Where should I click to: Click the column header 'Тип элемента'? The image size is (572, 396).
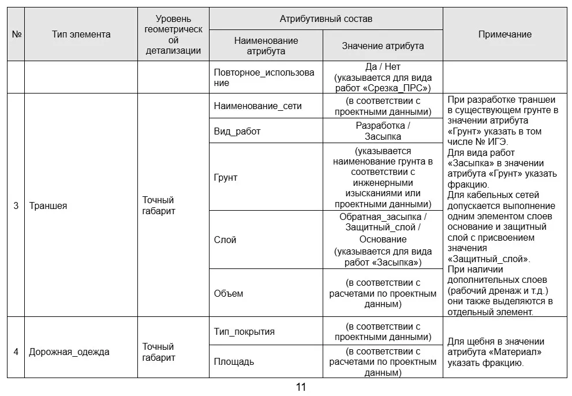[x=81, y=34]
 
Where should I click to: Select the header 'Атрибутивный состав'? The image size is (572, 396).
[x=326, y=18]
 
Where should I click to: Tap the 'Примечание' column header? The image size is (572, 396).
[x=504, y=34]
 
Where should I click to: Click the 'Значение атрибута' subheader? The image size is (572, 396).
[x=383, y=46]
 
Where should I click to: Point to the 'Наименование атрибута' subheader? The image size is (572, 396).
[x=266, y=46]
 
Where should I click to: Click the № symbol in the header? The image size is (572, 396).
[x=16, y=34]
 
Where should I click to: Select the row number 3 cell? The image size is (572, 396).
[x=16, y=206]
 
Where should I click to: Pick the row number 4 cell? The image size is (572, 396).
[x=16, y=352]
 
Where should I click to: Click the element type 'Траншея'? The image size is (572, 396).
[x=48, y=206]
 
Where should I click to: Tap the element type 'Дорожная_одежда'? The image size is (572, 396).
[x=69, y=352]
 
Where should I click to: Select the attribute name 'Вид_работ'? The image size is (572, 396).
[x=237, y=131]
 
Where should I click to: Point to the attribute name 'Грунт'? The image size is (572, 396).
[x=225, y=177]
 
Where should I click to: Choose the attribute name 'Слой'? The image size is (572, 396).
[x=225, y=240]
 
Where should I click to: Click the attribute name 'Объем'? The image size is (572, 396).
[x=228, y=293]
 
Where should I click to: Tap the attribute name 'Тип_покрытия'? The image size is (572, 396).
[x=244, y=331]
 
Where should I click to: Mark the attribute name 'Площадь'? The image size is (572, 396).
[x=233, y=362]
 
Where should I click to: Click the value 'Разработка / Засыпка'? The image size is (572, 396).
[x=383, y=131]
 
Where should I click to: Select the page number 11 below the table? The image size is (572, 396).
[x=301, y=387]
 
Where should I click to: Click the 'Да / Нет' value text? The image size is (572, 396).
[x=383, y=67]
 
